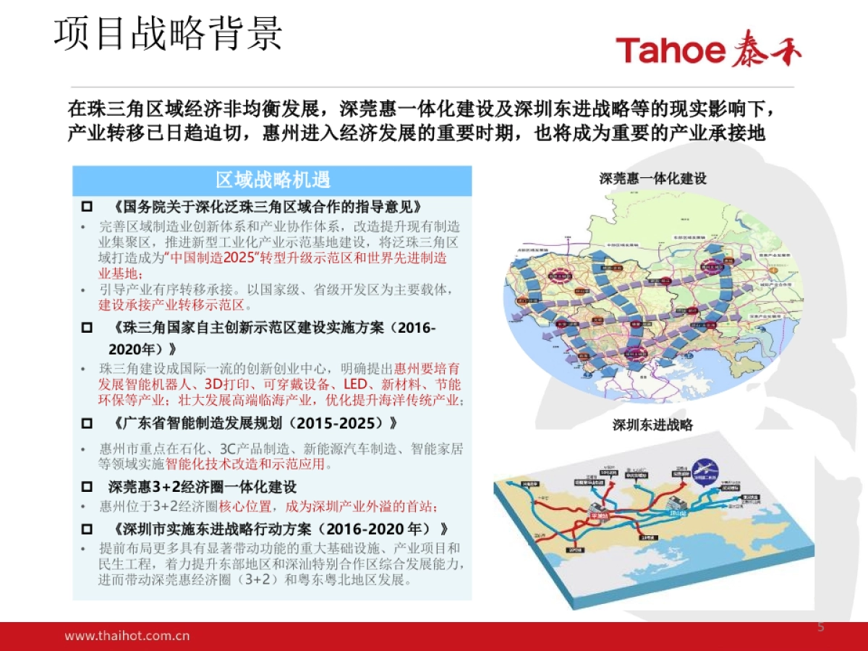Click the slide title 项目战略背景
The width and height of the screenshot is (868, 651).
pyautogui.click(x=168, y=33)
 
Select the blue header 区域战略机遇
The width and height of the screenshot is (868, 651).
pyautogui.click(x=273, y=180)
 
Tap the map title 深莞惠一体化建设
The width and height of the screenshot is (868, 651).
pyautogui.click(x=652, y=179)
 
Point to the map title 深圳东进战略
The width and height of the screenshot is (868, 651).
pyautogui.click(x=652, y=425)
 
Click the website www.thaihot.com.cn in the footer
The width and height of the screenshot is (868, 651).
pyautogui.click(x=127, y=636)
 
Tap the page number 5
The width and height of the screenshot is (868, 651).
pyautogui.click(x=820, y=626)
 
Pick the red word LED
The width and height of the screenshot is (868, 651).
pyautogui.click(x=355, y=384)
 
